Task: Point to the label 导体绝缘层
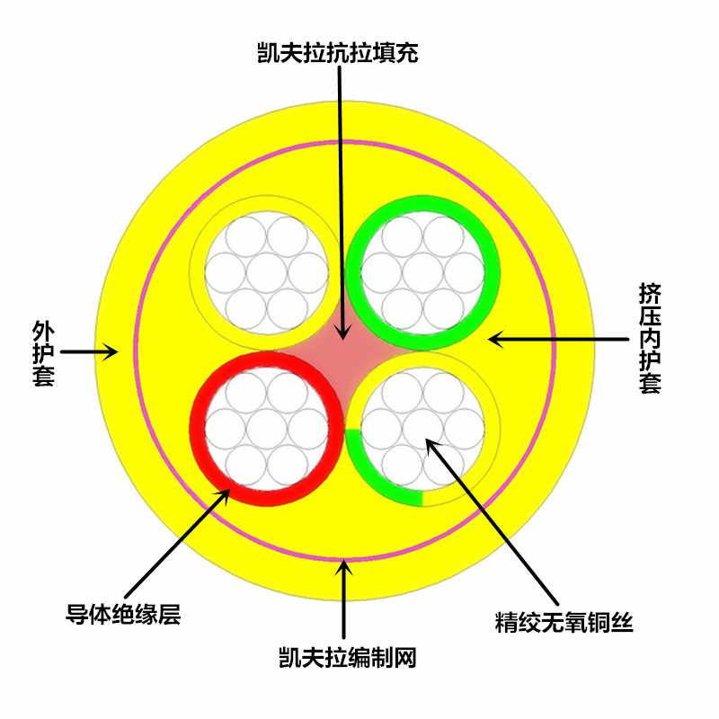click(x=124, y=615)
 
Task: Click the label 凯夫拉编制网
click(x=347, y=658)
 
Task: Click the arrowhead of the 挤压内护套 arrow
click(x=493, y=339)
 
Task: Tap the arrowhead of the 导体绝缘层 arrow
click(x=228, y=492)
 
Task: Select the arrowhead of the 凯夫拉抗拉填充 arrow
click(x=342, y=333)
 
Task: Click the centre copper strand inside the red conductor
click(x=266, y=427)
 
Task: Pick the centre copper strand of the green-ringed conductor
click(x=422, y=271)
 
